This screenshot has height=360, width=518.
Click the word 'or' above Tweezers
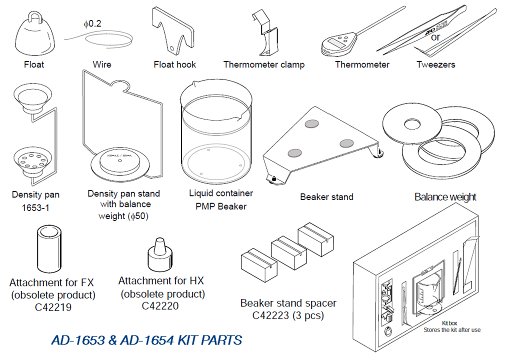(x=435, y=37)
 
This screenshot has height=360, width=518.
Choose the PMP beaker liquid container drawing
(x=215, y=135)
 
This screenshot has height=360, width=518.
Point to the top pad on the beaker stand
(x=313, y=122)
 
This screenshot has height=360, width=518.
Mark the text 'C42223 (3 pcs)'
(x=288, y=315)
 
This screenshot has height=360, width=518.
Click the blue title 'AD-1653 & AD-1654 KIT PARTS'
(x=146, y=340)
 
